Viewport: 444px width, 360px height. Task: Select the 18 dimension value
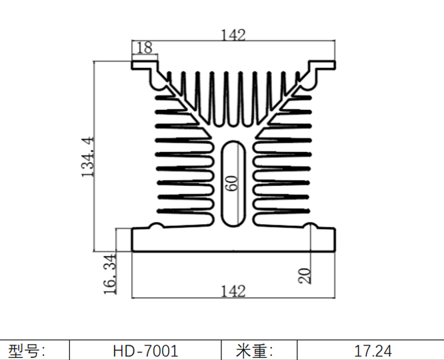point(144,48)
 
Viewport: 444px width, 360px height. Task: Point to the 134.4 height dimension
point(88,156)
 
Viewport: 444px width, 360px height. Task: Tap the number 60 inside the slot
point(231,183)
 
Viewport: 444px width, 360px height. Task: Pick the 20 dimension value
point(305,275)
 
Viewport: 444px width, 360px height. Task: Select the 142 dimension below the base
point(233,291)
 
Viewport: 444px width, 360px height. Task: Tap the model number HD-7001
point(145,351)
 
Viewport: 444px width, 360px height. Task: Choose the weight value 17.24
point(373,351)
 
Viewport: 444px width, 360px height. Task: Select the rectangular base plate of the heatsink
point(233,240)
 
